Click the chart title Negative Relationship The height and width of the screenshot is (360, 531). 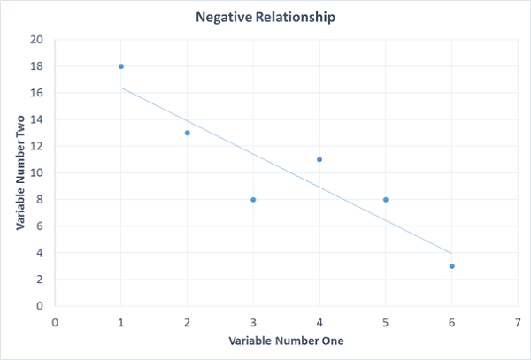(265, 18)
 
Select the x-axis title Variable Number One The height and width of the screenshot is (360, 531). (286, 341)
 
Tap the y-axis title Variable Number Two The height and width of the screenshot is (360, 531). (20, 172)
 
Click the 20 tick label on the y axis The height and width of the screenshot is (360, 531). (36, 40)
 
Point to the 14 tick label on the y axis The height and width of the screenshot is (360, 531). (36, 119)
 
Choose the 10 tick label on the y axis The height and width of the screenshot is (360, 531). (36, 172)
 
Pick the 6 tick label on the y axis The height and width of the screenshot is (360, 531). (40, 226)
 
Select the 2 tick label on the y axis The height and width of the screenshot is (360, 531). (40, 280)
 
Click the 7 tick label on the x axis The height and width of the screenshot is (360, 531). (518, 323)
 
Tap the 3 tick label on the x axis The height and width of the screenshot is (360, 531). (253, 323)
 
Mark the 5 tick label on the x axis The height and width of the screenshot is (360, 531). (385, 323)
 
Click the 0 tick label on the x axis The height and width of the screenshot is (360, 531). (55, 323)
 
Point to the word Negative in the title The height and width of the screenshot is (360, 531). (224, 18)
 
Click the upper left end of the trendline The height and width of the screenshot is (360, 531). (121, 88)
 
